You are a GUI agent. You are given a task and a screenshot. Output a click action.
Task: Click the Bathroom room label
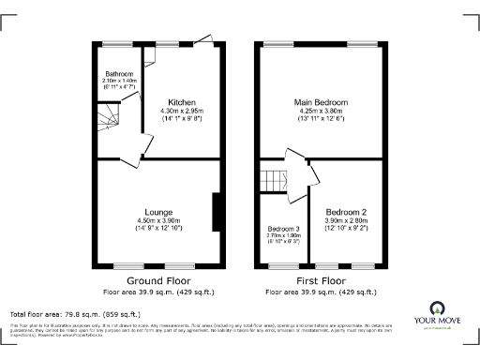(x=119, y=73)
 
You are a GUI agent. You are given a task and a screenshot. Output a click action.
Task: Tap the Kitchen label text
(x=181, y=101)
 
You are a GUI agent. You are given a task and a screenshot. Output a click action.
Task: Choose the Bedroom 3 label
(x=282, y=229)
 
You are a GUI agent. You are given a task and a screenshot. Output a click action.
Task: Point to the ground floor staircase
(x=111, y=120)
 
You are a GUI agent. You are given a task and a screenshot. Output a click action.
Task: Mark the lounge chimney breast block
(x=217, y=211)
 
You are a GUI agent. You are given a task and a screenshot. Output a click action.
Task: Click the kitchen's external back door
(x=207, y=42)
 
